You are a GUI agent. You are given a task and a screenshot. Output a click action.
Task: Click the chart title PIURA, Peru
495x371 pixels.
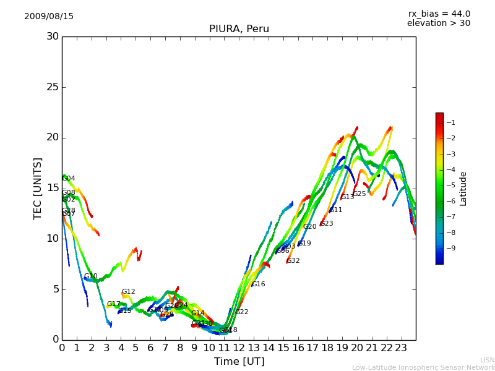coord(239,29)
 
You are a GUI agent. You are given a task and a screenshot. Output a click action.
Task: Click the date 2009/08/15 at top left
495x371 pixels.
coord(49,16)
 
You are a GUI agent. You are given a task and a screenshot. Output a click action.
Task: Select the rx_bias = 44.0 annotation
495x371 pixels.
coord(439,14)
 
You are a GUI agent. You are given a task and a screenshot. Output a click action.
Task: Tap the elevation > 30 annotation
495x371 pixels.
coord(438,23)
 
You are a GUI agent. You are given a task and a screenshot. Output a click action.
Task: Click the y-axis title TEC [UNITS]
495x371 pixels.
coord(38,188)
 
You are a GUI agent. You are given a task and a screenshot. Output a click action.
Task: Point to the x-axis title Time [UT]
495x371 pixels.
coord(239,362)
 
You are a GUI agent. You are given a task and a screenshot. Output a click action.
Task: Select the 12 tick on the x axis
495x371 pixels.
coord(239,347)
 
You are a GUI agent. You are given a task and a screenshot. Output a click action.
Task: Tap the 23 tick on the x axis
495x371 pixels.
coord(401,347)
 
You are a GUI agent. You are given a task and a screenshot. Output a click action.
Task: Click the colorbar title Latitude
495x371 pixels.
coord(463,189)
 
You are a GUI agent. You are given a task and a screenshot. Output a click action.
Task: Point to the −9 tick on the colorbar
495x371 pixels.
coord(450,248)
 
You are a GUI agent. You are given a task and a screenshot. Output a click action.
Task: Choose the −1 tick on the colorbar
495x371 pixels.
coord(450,122)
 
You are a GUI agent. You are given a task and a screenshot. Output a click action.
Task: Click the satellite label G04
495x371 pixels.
coord(69,179)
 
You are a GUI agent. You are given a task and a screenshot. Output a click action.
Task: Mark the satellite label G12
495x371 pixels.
coord(128,292)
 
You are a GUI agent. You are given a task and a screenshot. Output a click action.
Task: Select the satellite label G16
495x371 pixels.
coord(258,284)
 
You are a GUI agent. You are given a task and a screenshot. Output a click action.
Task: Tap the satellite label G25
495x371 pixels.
coord(359,194)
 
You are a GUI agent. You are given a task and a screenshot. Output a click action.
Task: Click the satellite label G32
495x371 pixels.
coord(293,261)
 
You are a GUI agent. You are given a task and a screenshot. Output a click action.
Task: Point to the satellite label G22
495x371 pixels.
coord(242,312)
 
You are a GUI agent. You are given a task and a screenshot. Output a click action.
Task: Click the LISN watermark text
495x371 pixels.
coord(488,360)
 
